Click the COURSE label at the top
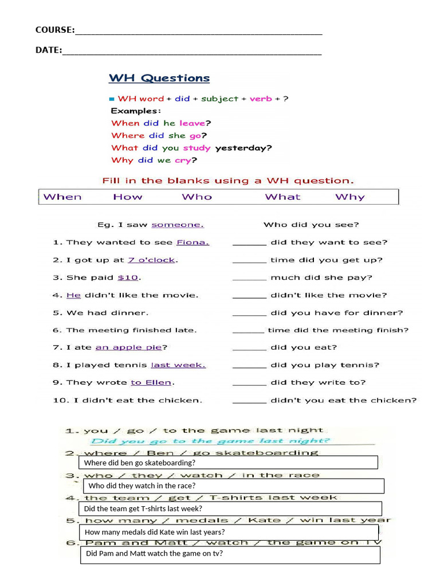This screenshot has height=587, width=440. (x=54, y=30)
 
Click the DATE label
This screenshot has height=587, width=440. (x=48, y=50)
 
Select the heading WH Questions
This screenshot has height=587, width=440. (x=159, y=78)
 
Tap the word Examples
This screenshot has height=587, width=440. (x=136, y=111)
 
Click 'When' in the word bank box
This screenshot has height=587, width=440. (x=62, y=197)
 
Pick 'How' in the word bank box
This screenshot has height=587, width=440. (x=127, y=197)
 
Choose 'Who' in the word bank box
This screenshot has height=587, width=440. (x=197, y=197)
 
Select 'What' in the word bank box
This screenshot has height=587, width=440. (x=282, y=197)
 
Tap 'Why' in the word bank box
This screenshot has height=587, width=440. (x=349, y=197)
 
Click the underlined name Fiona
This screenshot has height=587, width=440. (x=192, y=242)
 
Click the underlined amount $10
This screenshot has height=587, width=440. (x=128, y=278)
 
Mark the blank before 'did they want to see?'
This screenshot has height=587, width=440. (x=249, y=243)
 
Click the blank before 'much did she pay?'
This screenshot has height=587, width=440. (x=249, y=278)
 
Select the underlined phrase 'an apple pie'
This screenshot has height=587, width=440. (x=128, y=348)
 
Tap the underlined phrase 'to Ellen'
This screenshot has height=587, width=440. (x=151, y=383)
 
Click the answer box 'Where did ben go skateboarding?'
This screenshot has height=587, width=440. (x=229, y=463)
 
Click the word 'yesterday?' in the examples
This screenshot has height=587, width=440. (x=243, y=148)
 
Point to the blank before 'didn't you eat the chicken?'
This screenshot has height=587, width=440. (x=249, y=401)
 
